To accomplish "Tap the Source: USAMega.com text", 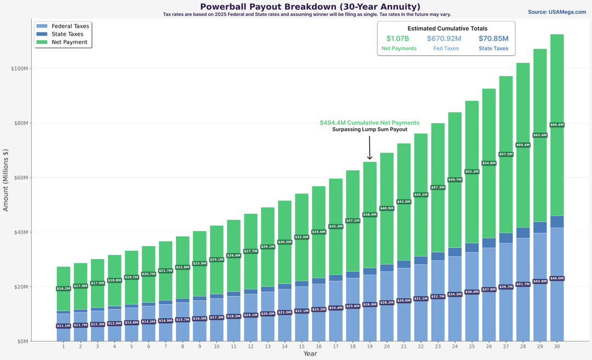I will coord(557,12).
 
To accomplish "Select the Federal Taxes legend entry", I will coord(70,26).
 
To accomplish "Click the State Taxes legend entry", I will coord(66,34).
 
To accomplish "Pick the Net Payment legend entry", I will coord(69,42).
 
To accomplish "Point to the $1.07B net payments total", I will coord(399,38).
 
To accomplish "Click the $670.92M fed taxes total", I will coord(444,38).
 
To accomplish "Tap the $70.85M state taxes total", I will coord(493,38).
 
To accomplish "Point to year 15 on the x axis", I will coord(301,346).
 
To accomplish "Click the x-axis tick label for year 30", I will coord(557,346).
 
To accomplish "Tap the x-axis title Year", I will coord(310,354).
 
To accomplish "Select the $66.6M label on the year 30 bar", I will coord(557,125).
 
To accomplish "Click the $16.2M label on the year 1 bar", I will coord(64,288).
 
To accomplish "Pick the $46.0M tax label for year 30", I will coord(557,278).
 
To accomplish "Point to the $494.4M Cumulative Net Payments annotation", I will coord(369,123).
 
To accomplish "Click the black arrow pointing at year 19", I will coord(369,148).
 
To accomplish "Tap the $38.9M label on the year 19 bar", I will coord(369,215).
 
